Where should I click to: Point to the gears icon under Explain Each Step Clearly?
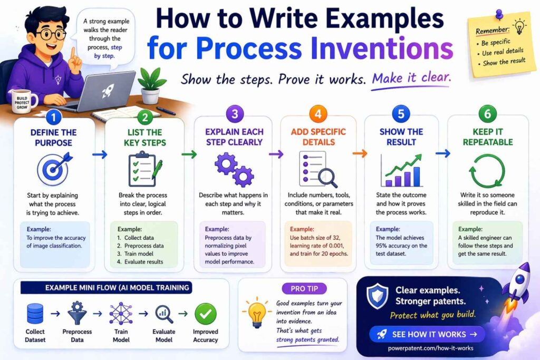pos(234,170)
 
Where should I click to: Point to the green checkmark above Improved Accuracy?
pos(205,314)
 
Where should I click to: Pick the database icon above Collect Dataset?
pos(34,314)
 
